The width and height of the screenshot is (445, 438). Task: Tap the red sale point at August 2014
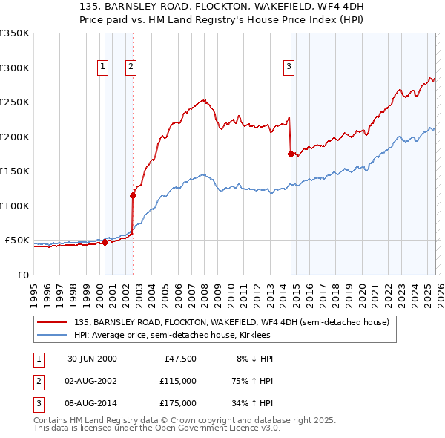291,154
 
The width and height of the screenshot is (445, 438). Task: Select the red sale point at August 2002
133,196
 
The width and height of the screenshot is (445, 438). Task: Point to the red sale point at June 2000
105,242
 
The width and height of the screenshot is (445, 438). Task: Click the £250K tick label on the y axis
15,102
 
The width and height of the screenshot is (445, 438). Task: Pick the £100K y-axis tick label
15,206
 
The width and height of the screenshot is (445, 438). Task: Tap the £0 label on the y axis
22,275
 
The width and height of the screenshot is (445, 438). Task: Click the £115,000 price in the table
178,381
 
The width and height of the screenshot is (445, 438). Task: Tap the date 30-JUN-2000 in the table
92,359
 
